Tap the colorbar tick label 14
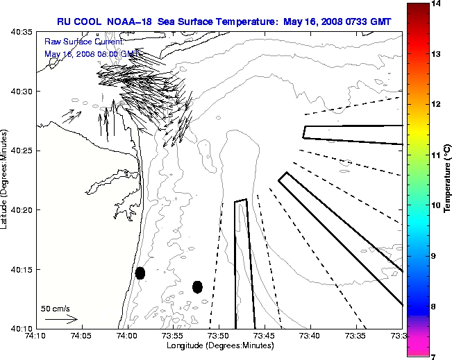pyautogui.click(x=436, y=4)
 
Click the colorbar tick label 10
pyautogui.click(x=436, y=205)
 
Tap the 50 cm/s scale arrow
pyautogui.click(x=61, y=319)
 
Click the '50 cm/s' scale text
pyautogui.click(x=56, y=309)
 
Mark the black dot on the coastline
pyautogui.click(x=140, y=273)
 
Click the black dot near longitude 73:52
pyautogui.click(x=197, y=286)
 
